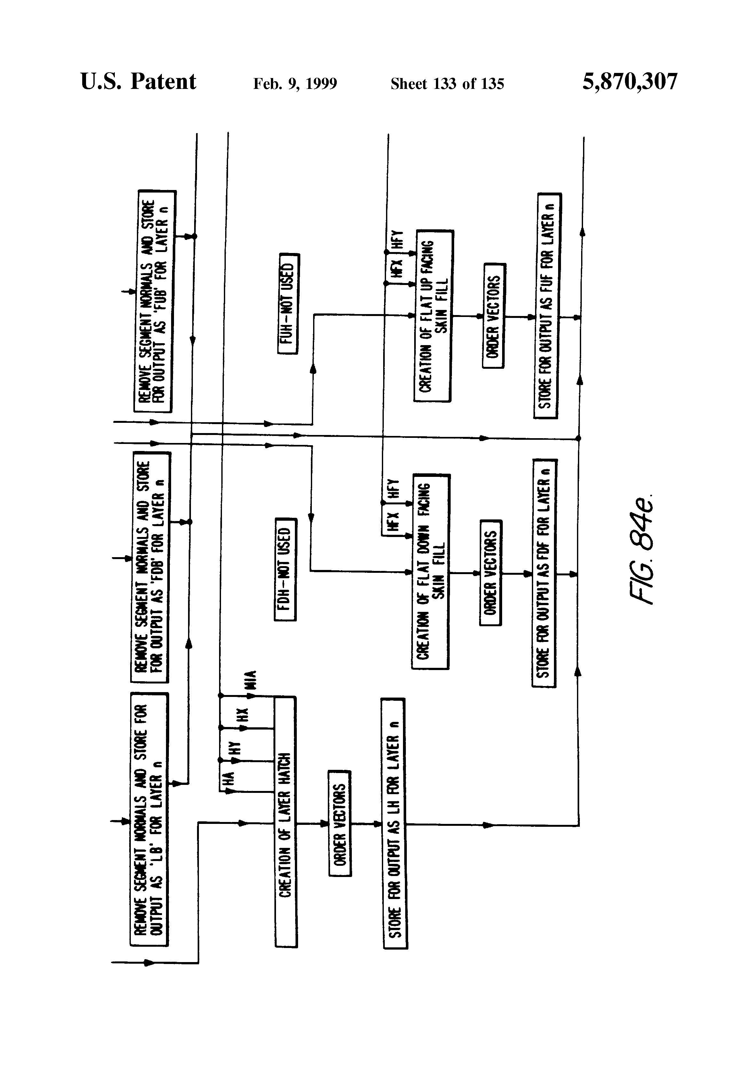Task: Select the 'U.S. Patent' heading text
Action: pyautogui.click(x=138, y=82)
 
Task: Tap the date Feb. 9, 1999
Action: pyautogui.click(x=295, y=84)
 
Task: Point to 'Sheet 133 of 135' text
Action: pyautogui.click(x=447, y=84)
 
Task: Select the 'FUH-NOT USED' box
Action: pyautogui.click(x=288, y=304)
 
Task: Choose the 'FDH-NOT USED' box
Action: pyautogui.click(x=285, y=569)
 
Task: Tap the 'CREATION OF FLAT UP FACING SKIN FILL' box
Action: pyautogui.click(x=433, y=316)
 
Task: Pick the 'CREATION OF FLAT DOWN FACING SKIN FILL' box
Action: pyautogui.click(x=430, y=571)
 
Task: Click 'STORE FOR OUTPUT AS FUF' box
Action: pyautogui.click(x=547, y=305)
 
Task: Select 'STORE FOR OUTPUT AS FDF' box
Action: pyautogui.click(x=544, y=573)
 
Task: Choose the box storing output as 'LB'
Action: pyautogui.click(x=149, y=819)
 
